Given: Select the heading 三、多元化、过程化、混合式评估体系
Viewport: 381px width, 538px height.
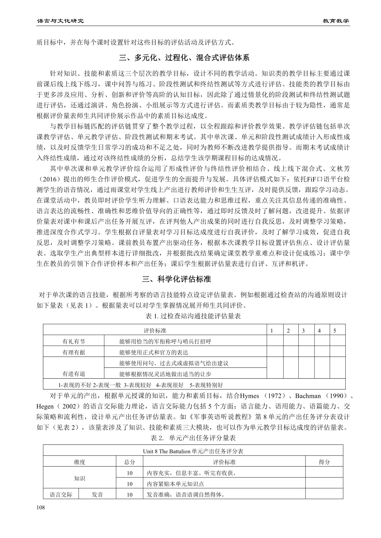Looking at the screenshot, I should click(190, 58).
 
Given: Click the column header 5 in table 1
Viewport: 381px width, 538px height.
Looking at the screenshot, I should click(334, 331).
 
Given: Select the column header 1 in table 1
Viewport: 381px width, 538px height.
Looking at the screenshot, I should click(272, 331).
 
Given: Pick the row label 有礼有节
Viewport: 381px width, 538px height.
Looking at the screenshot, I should click(74, 341).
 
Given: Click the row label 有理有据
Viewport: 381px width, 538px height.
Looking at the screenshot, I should click(74, 352).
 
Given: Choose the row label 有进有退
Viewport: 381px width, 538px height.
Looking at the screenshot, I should click(74, 374).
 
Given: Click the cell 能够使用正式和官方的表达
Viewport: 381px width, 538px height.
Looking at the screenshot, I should click(154, 352).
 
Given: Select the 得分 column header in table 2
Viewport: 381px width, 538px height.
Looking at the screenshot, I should click(324, 462).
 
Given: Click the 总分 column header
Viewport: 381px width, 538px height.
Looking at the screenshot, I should click(130, 462).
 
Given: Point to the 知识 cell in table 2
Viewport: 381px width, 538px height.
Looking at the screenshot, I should click(79, 478).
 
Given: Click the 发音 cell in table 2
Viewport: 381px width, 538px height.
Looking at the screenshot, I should click(97, 495).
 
